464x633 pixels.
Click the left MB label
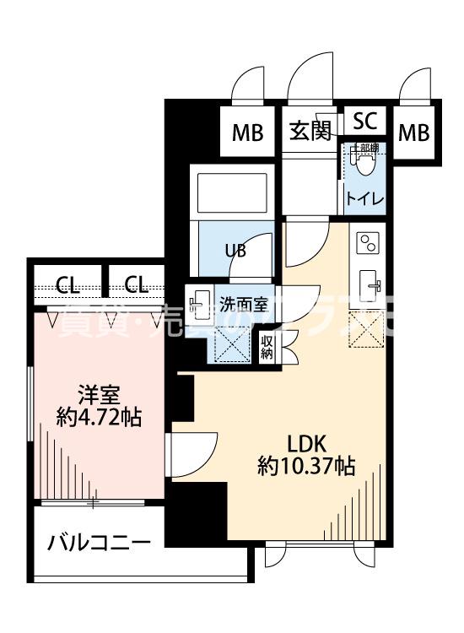pos(248,133)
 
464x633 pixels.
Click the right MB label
pos(414,133)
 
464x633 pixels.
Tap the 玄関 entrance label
pos(310,133)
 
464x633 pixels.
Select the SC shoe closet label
pos(364,120)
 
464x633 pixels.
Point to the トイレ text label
pos(364,199)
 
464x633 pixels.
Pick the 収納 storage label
pos(267,347)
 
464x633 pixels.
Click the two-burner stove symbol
pos(368,244)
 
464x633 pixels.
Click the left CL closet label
pos(67,284)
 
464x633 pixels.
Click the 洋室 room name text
pos(98,394)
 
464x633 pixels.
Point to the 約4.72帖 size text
pos(98,416)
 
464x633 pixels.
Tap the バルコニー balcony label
pos(99,541)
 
